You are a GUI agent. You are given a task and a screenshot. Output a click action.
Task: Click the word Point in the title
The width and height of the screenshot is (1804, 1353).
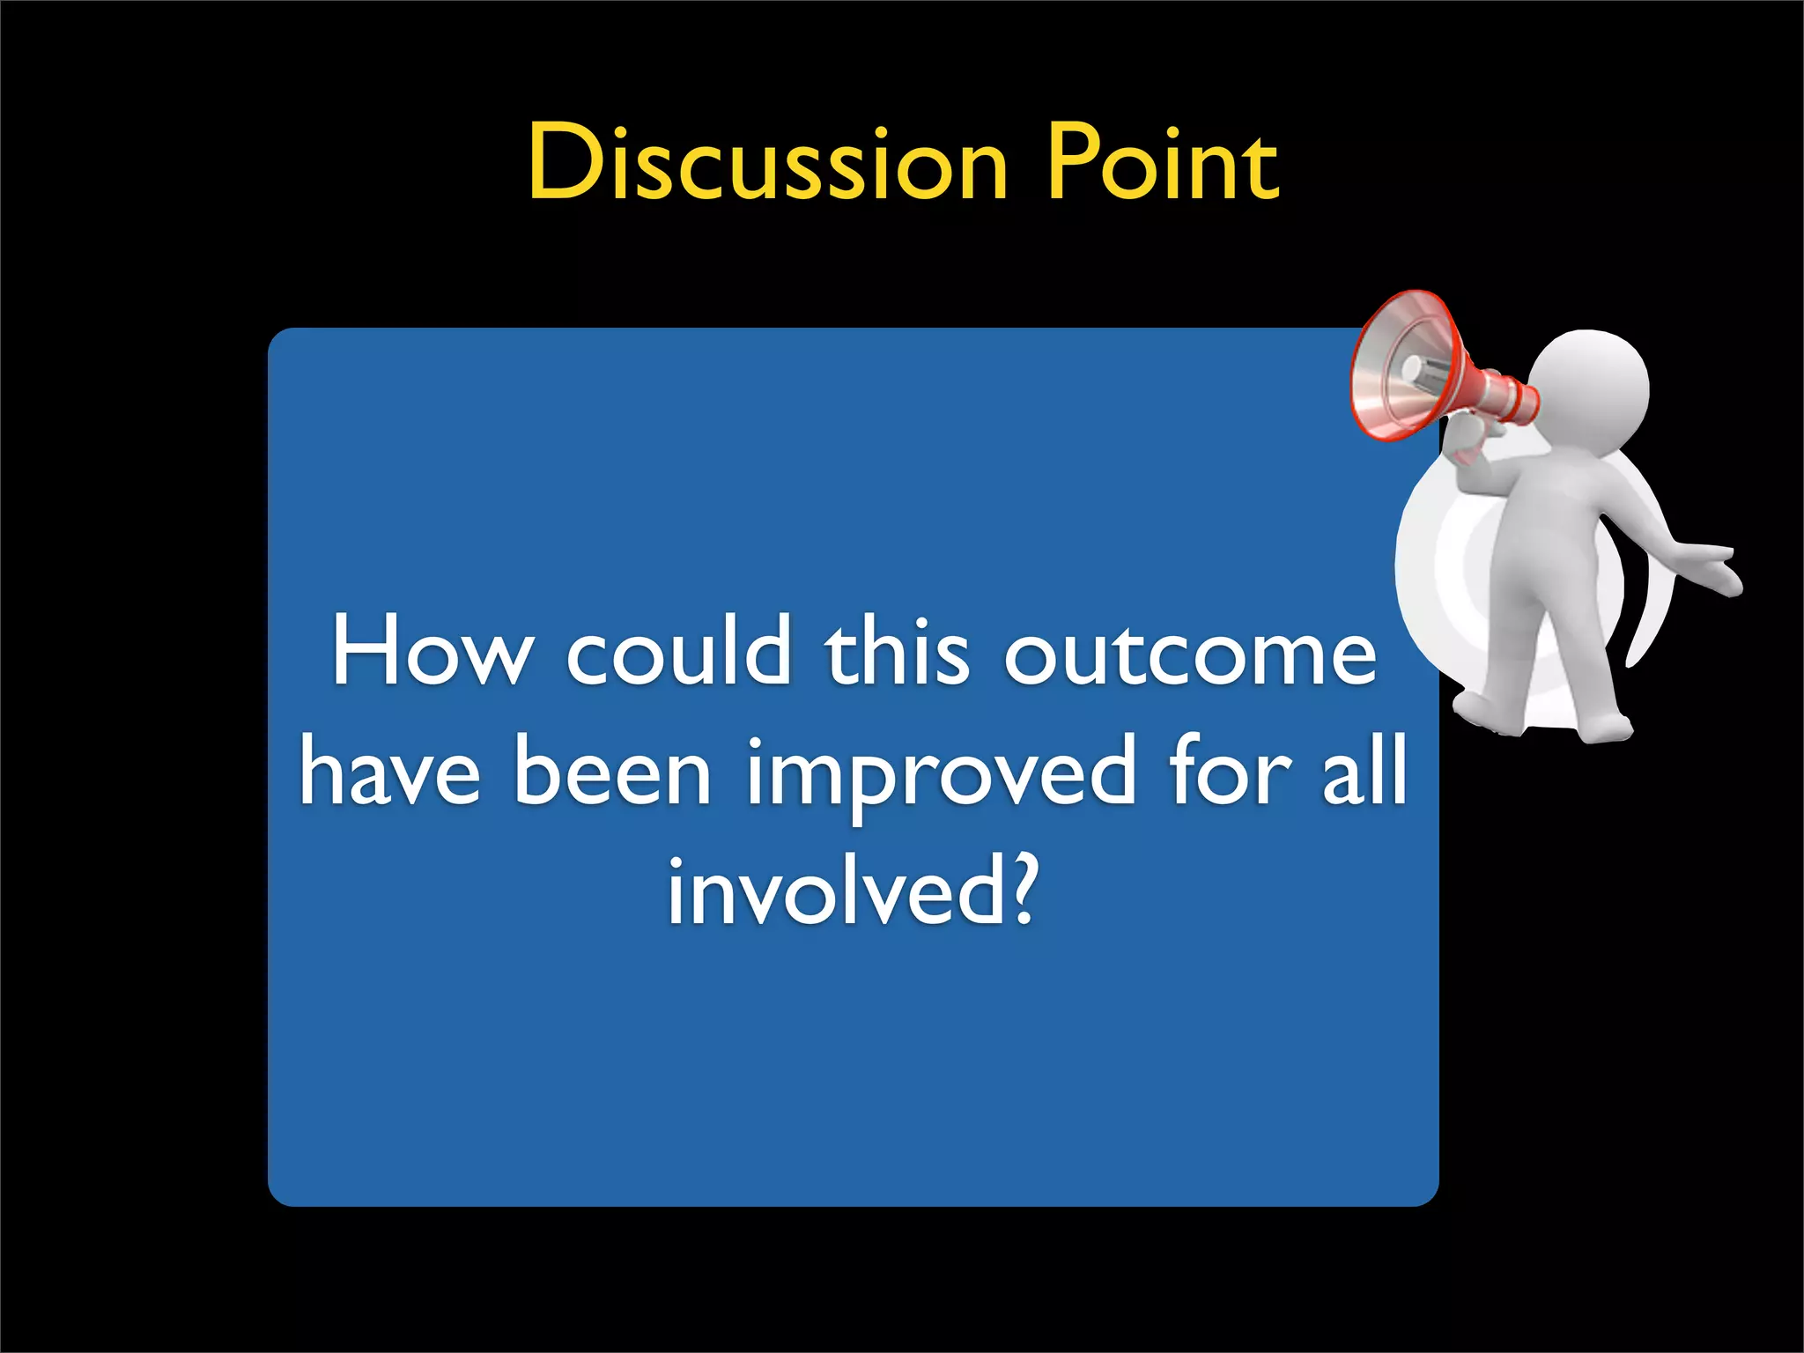point(1163,164)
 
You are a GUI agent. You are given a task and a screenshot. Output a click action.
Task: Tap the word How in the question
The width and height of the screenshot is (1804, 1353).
point(432,652)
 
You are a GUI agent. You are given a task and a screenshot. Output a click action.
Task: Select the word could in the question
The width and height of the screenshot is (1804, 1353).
point(678,652)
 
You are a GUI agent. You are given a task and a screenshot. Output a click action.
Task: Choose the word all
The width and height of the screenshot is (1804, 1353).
point(1365,771)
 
